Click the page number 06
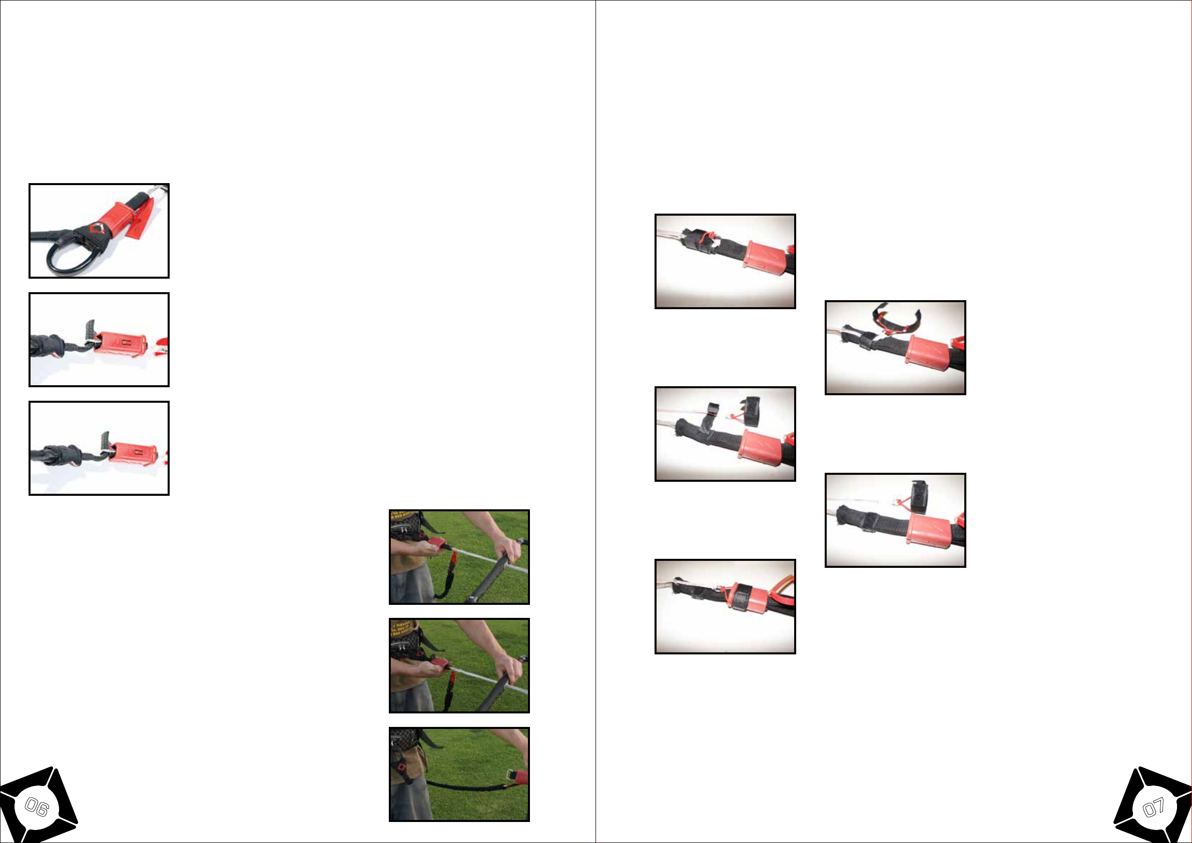[37, 808]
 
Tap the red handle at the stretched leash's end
[517, 776]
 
